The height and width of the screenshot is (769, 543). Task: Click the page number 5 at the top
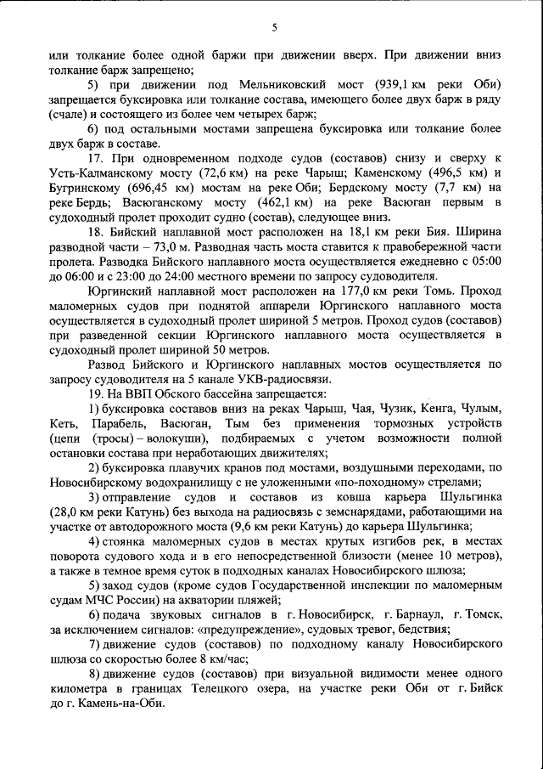[274, 27]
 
